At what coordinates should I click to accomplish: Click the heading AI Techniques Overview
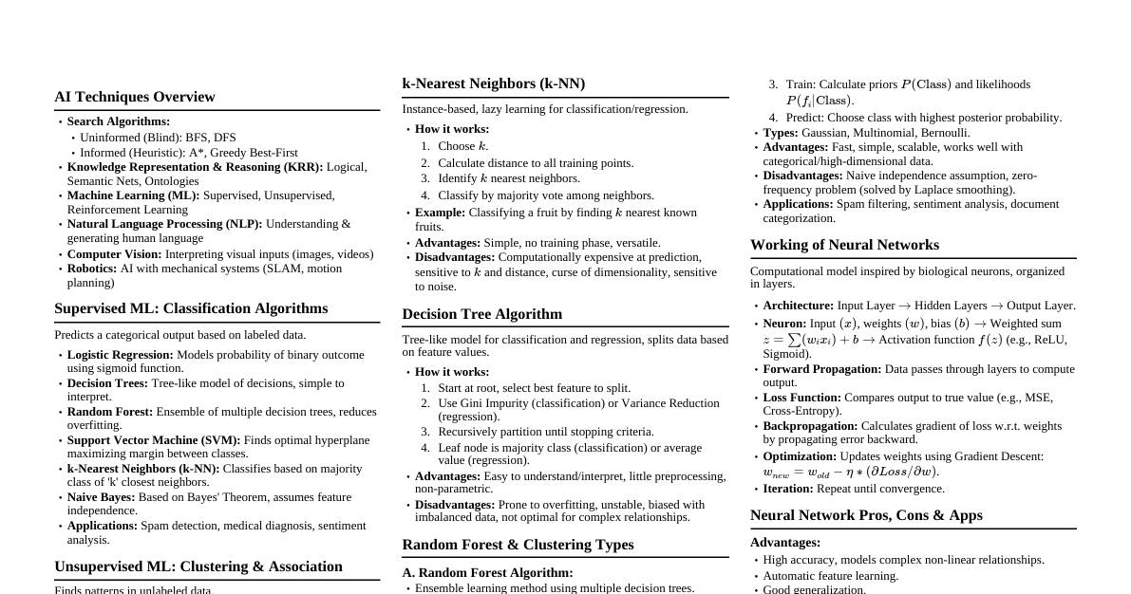135,97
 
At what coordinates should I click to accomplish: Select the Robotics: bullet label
92,269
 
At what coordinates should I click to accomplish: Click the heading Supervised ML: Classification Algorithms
191,308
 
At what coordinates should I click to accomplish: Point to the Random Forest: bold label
110,412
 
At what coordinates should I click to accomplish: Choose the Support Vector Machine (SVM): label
154,440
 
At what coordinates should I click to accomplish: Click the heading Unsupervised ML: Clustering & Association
198,566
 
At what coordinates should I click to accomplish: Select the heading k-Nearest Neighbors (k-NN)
494,84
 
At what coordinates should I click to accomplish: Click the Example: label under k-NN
440,213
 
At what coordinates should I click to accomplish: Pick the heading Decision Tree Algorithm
481,314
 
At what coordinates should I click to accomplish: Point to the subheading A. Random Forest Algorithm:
487,573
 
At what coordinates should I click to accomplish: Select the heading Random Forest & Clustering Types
518,545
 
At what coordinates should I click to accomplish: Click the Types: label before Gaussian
781,133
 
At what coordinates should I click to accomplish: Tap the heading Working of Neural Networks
844,245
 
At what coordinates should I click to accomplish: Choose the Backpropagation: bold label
810,426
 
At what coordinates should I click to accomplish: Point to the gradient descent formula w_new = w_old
850,472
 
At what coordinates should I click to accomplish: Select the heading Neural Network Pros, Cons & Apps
866,515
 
